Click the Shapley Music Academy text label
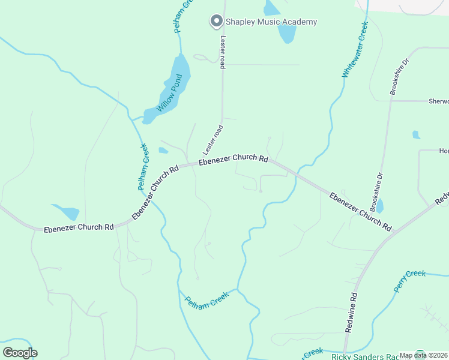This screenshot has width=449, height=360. coord(271,22)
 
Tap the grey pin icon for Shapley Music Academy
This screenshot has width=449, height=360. coord(215,22)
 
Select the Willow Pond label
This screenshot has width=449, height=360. coord(169,94)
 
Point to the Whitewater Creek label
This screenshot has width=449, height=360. coord(355,50)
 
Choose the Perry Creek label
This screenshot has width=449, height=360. coord(409,281)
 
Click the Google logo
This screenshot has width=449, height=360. coord(20,352)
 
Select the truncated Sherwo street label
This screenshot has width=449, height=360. coord(438,101)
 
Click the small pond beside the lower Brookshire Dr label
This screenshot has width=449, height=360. coord(379,206)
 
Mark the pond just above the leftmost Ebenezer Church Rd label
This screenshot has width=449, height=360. coord(68,212)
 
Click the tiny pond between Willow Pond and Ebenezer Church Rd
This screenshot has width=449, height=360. coord(163,151)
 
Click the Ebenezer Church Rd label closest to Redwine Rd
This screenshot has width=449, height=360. coord(360,212)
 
